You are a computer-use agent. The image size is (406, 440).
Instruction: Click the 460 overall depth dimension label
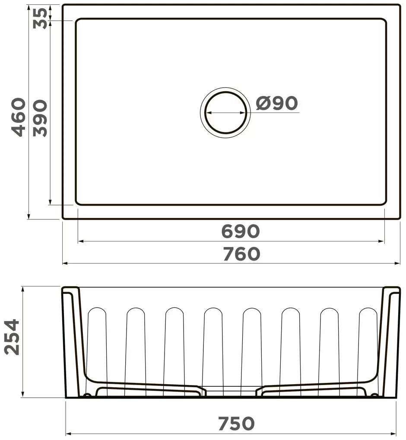coord(18,117)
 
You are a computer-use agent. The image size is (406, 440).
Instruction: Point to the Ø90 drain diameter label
coord(277,103)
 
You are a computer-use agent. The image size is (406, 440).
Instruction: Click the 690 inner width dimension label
coord(241,231)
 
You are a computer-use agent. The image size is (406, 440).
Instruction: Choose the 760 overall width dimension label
coord(241,254)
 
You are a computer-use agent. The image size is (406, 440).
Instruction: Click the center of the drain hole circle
coord(225,112)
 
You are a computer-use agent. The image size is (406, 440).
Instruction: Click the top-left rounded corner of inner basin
coord(78,21)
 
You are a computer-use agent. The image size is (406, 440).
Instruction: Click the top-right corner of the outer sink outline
coord(400,5)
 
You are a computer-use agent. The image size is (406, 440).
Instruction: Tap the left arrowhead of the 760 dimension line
coord(65,263)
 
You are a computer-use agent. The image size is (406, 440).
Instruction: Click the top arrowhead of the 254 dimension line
coord(23,289)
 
